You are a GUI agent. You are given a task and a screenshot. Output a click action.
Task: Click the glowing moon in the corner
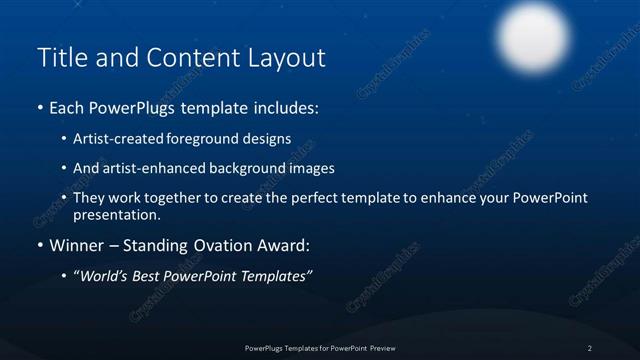click(532, 37)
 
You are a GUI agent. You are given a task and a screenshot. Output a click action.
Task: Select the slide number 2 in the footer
click(590, 347)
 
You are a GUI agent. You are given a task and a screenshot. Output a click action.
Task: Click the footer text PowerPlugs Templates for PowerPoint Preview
click(319, 347)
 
